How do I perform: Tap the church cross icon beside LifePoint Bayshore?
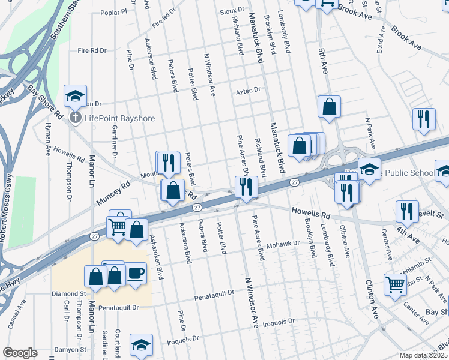[x=76, y=118]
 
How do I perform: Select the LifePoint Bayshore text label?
[x=119, y=118]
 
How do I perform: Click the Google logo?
[x=20, y=353]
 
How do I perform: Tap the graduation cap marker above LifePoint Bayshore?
[x=76, y=96]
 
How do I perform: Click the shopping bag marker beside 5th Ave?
[x=329, y=107]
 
